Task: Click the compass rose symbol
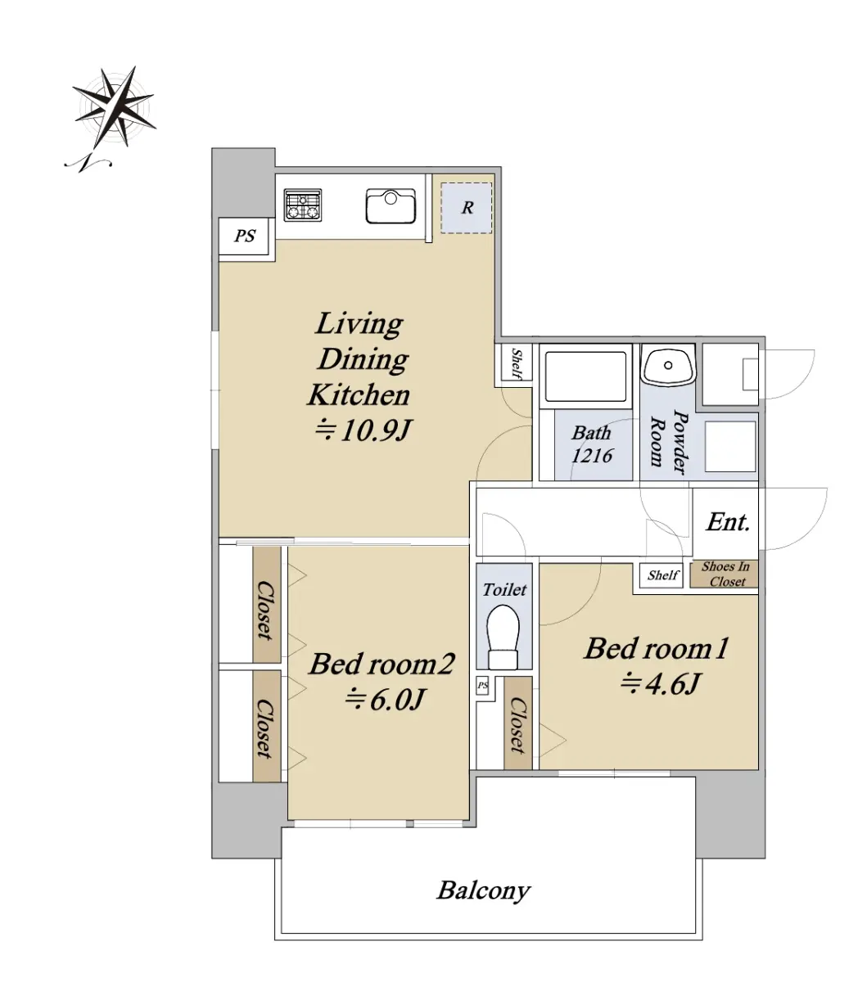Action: point(114,107)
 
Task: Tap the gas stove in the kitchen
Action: point(303,205)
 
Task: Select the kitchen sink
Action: point(391,206)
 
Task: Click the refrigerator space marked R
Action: point(467,208)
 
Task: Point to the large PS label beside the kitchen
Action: point(245,236)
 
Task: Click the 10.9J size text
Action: point(364,430)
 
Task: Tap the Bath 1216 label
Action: point(592,444)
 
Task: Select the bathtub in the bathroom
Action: point(585,376)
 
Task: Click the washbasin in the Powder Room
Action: point(668,366)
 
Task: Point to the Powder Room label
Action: point(670,442)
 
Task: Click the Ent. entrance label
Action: point(729,522)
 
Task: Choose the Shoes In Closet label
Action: point(726,574)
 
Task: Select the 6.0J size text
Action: point(386,700)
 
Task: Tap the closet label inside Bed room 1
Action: point(517,725)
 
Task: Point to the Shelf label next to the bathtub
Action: point(517,363)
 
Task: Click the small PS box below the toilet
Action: point(482,686)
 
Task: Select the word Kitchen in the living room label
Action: point(359,394)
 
